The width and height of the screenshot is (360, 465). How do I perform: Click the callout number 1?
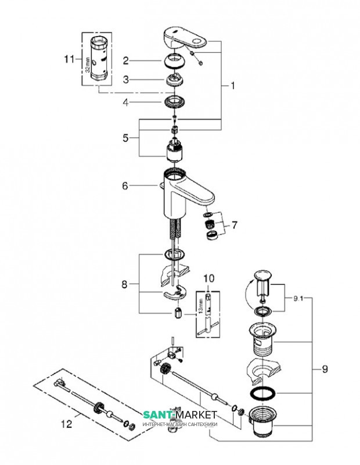click(233, 85)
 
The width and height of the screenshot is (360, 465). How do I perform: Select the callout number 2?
click(125, 60)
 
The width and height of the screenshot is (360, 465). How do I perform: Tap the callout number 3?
click(125, 81)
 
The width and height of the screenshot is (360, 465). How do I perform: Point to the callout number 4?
click(125, 103)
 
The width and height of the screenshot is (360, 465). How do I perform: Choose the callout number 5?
click(126, 138)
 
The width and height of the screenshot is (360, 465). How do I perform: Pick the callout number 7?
click(234, 224)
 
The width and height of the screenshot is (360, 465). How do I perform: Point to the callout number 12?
click(68, 424)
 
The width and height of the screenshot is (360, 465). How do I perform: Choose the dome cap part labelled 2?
click(175, 60)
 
